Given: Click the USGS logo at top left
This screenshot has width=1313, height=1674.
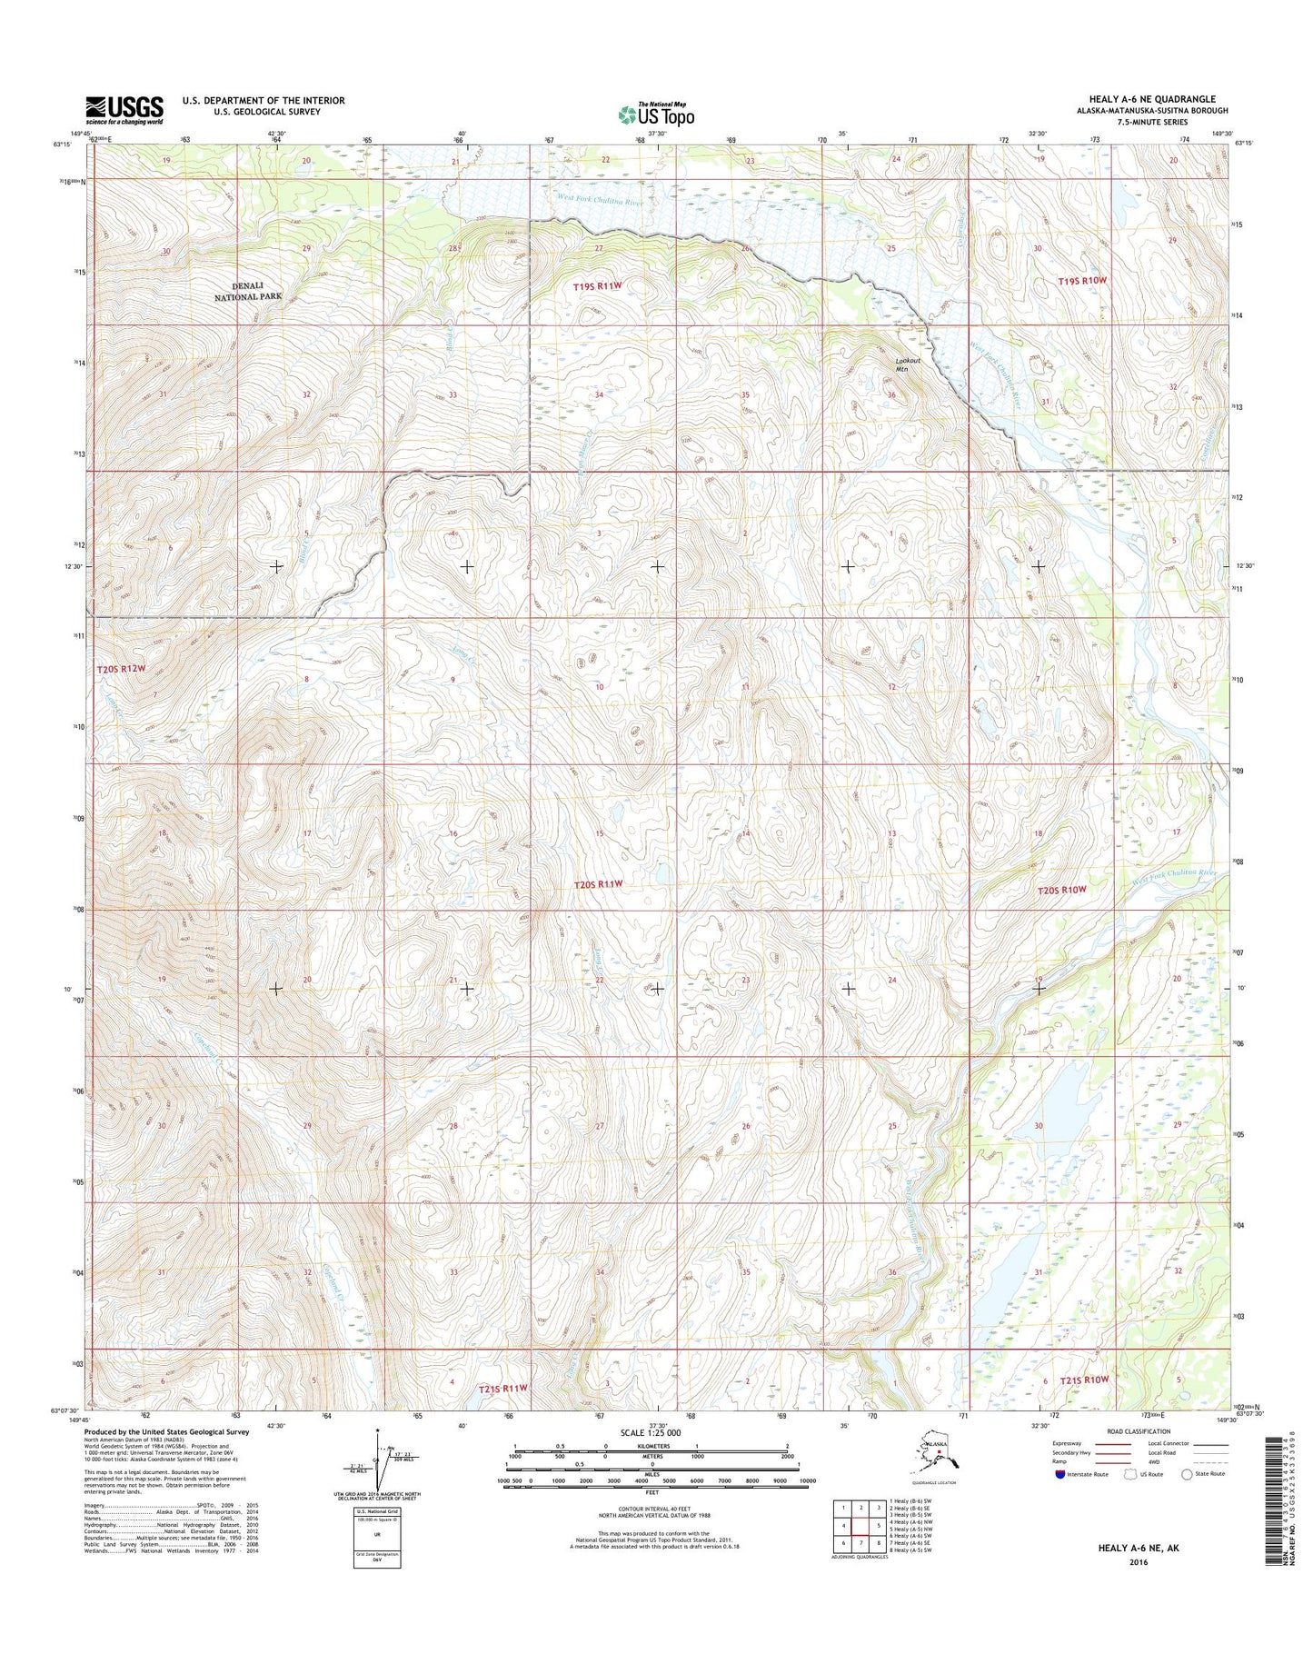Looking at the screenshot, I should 124,109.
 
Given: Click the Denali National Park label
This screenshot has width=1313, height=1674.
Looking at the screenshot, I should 248,291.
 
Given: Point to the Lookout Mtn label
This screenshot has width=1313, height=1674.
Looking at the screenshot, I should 908,364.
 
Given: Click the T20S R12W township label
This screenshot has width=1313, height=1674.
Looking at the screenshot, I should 121,668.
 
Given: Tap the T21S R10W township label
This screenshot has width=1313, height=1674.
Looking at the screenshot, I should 1084,1380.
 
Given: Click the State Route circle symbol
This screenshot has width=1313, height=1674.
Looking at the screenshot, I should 1186,1500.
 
